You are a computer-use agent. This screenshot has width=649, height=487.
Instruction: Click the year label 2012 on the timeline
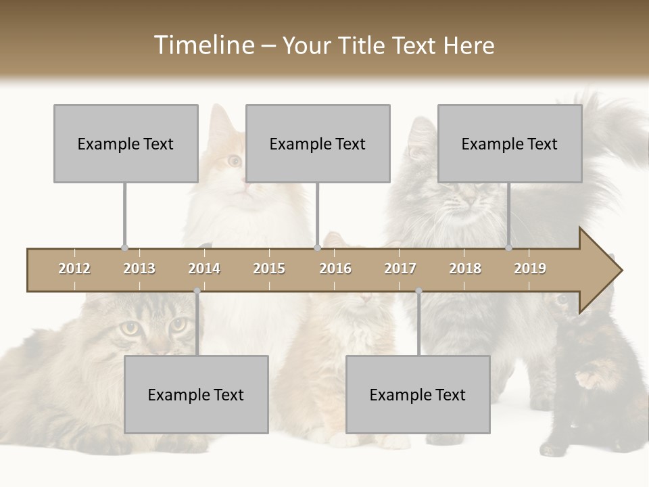pos(74,269)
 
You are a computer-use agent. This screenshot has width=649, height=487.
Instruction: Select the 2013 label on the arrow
pos(139,269)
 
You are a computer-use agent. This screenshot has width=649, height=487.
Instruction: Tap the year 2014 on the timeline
pos(204,269)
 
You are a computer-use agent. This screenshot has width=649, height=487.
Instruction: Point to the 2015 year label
pos(269,269)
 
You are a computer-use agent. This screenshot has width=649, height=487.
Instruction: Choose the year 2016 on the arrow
pos(335,269)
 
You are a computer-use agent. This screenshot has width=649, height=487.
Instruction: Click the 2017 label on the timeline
pos(400,269)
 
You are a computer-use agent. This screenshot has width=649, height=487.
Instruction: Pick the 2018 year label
pos(465,269)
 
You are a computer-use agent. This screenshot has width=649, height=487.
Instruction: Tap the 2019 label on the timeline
pos(530,269)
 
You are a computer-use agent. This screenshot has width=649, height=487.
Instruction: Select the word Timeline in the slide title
pos(203,45)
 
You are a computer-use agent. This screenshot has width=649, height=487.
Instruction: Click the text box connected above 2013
pos(126,143)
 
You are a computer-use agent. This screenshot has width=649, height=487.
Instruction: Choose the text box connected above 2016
pos(318,143)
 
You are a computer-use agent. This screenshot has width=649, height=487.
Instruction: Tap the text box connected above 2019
pos(510,143)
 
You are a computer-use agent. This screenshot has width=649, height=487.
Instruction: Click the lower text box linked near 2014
pos(196,394)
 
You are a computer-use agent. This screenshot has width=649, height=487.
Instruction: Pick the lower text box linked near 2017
pos(418,394)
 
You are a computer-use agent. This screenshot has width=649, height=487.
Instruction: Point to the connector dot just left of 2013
pos(124,248)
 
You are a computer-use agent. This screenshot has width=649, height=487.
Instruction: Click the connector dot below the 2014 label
pos(197,292)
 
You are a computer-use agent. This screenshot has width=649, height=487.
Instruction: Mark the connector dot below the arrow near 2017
pos(418,292)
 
